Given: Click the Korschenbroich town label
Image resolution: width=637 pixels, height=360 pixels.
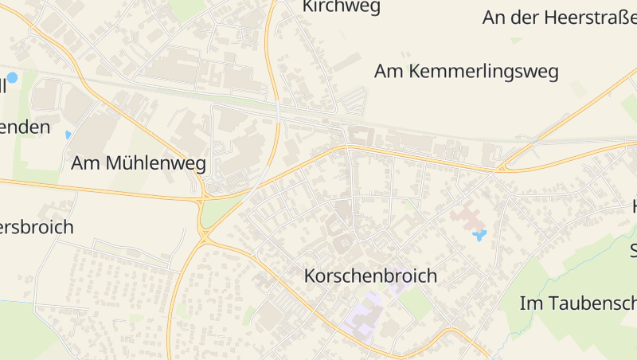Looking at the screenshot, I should [371, 276].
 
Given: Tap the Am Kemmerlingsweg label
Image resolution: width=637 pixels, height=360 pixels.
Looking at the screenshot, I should [467, 71].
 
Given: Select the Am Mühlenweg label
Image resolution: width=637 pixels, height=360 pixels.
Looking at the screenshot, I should [139, 164].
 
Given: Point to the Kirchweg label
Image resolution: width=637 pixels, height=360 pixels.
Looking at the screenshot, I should [342, 7].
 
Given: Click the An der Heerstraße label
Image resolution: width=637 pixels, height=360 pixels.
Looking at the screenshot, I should [559, 17].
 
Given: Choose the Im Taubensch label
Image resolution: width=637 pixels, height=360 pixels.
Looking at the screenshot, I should [578, 303].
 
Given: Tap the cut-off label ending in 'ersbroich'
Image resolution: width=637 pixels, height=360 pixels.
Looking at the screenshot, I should [37, 227].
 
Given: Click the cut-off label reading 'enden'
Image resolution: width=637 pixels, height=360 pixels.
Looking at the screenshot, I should [25, 127].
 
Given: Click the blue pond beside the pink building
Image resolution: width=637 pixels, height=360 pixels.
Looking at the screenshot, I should [479, 235].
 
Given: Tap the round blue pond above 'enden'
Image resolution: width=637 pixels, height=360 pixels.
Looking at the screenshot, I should [12, 78].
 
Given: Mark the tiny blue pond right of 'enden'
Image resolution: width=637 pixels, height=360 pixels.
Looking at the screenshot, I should [68, 135].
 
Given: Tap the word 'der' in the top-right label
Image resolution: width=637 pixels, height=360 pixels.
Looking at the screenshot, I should [527, 17].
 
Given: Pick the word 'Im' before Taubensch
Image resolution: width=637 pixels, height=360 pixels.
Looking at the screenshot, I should [530, 303].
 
